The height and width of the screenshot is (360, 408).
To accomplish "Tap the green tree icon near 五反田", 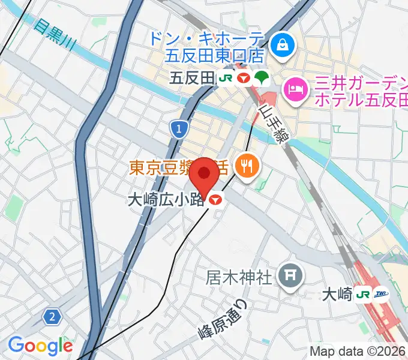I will coord(262,77).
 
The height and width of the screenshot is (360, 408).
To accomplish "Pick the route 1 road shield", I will coord(178,128).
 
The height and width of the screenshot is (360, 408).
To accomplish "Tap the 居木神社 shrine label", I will coord(240,277).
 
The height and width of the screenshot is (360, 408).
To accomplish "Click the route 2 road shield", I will coord(53,316).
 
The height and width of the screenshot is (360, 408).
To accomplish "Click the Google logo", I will coord(40,345).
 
